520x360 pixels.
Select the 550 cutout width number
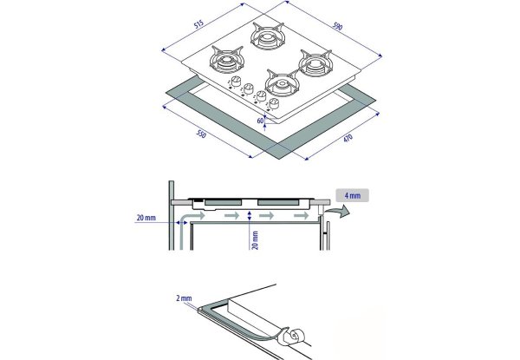pyautogui.click(x=200, y=135)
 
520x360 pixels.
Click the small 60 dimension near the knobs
pyautogui.click(x=261, y=120)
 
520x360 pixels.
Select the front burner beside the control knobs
pyautogui.click(x=281, y=84)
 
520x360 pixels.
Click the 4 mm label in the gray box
pyautogui.click(x=353, y=196)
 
